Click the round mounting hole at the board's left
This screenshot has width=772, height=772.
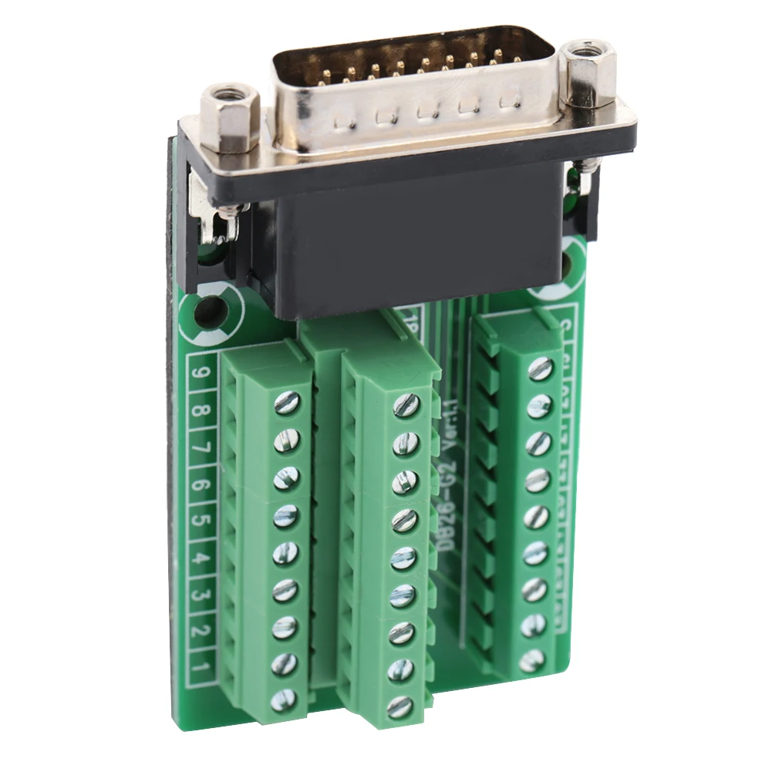(x=208, y=312)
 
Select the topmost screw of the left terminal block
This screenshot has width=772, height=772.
(x=287, y=402)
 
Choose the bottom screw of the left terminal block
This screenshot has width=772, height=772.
(x=283, y=699)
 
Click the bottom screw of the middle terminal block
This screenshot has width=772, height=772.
(x=399, y=706)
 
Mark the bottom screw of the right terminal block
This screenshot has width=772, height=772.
(x=531, y=660)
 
